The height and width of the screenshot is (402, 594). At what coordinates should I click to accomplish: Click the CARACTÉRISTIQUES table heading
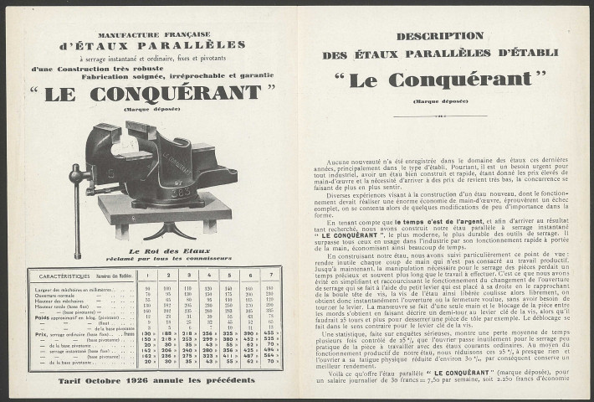60,274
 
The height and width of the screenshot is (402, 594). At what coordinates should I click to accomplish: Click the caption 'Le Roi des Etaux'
158,250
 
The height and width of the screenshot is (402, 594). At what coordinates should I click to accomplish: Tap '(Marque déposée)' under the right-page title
439,100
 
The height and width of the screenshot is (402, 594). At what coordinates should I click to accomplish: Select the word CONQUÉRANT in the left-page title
167,91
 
